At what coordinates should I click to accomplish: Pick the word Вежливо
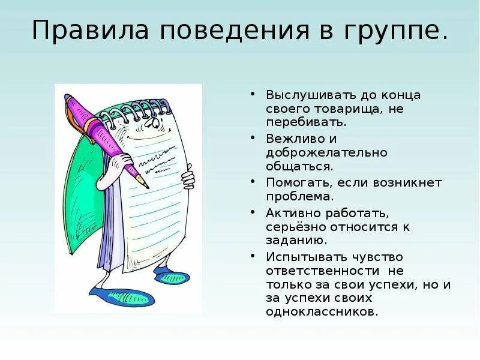pyautogui.click(x=289, y=138)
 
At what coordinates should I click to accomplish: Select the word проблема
pyautogui.click(x=298, y=196)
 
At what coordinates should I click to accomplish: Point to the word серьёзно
pyautogui.click(x=298, y=227)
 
